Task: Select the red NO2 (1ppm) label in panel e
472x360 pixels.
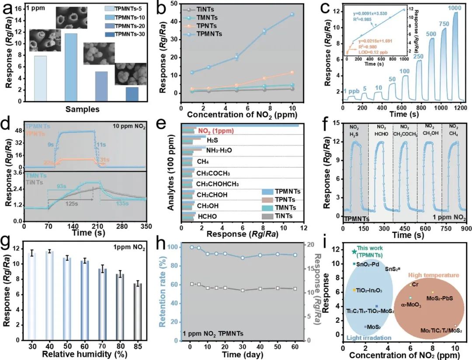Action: coord(216,130)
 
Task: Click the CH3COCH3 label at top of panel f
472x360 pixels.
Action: coord(405,135)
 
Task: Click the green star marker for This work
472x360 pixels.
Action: coord(354,252)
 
